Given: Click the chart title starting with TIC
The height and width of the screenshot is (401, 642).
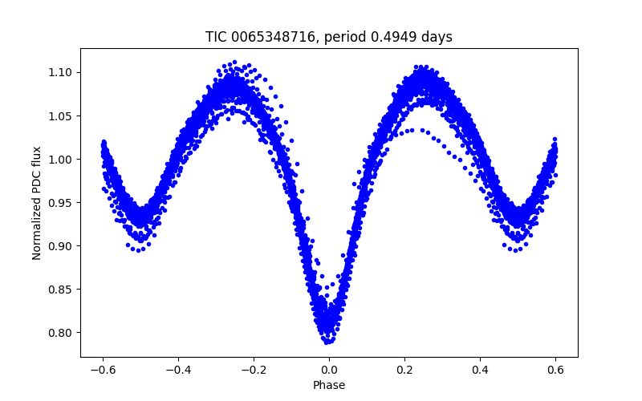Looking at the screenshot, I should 329,38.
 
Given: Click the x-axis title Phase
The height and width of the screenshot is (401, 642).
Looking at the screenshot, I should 329,385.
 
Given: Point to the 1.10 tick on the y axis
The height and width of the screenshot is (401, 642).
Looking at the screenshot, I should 61,72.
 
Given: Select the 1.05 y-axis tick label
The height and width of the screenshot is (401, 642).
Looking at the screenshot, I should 61,115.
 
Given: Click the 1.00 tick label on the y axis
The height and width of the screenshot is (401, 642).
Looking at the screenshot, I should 61,159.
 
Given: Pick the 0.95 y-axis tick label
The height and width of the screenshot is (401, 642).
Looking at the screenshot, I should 61,202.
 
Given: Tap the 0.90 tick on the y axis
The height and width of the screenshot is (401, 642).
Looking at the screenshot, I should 61,245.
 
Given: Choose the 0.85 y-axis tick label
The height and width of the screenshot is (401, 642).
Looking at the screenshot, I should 61,289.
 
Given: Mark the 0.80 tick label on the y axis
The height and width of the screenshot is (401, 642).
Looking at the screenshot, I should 61,332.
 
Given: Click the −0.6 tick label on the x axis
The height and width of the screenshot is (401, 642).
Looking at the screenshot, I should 103,370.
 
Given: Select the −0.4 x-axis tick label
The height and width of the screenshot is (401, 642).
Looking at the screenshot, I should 178,370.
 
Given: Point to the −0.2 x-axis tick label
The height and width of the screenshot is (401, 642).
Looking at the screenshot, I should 254,370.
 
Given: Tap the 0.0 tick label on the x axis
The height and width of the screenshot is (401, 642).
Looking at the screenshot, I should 329,370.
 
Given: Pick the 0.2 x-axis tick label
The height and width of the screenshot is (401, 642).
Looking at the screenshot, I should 404,370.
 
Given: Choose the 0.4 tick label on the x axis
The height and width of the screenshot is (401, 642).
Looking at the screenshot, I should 480,370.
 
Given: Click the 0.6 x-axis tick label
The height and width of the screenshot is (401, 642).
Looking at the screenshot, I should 555,370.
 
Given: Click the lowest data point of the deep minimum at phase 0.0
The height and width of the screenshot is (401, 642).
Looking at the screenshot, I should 328,342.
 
